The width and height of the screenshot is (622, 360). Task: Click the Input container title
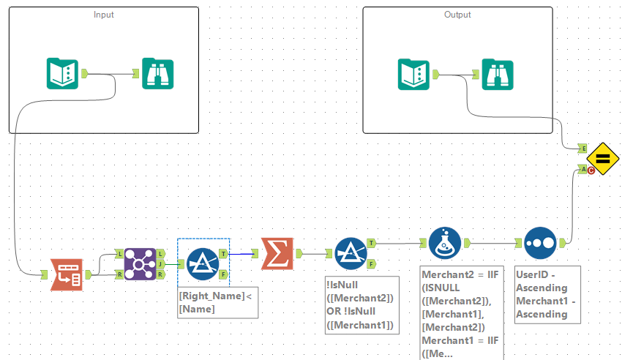(104, 15)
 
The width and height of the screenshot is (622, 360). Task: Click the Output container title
(458, 15)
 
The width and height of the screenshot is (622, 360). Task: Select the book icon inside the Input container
(62, 73)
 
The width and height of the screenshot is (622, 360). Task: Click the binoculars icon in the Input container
(158, 73)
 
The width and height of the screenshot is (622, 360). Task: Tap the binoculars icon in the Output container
(498, 74)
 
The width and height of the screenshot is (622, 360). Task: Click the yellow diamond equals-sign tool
(603, 158)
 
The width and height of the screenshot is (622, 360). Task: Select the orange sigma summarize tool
(277, 254)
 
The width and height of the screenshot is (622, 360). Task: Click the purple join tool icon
(139, 263)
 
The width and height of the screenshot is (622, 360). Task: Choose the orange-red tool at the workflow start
(66, 274)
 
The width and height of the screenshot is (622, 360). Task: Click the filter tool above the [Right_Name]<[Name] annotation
(203, 264)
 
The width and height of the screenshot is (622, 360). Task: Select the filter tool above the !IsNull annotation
(351, 253)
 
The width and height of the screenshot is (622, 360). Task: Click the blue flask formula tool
(444, 242)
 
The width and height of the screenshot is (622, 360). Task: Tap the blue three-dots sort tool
(540, 242)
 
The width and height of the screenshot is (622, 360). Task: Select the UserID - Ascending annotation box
(547, 293)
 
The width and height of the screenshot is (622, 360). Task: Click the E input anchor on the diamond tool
(582, 148)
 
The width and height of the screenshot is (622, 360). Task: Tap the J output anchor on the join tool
(161, 264)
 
